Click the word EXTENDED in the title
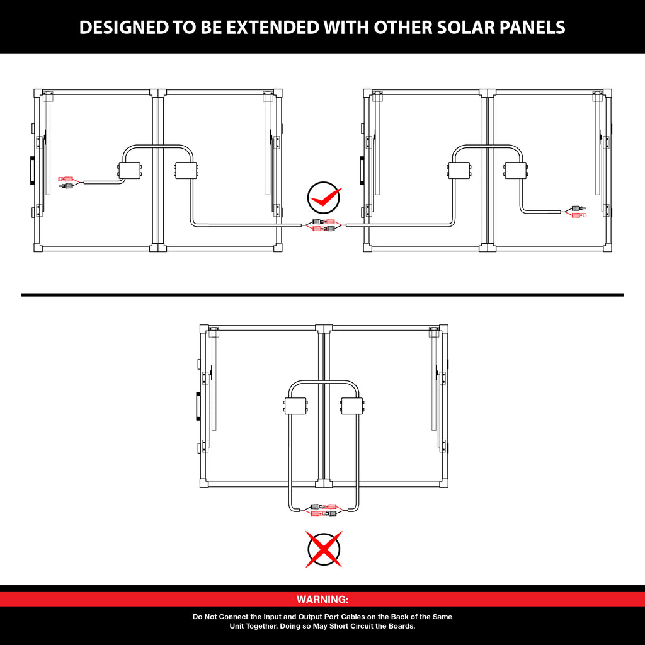coord(272,27)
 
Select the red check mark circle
coord(324,198)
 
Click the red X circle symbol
coord(324,549)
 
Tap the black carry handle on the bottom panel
coord(198,406)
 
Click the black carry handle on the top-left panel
coord(31,170)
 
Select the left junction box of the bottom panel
coord(295,406)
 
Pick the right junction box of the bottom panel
coord(351,406)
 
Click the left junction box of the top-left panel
coord(130,170)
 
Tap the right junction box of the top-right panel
coord(516,170)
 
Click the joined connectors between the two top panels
coord(324,225)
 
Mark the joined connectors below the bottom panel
coord(324,510)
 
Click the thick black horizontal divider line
coord(322,295)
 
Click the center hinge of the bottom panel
coord(324,406)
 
